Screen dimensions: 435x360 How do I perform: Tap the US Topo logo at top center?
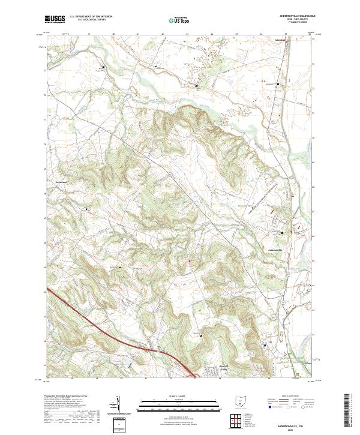[176, 20]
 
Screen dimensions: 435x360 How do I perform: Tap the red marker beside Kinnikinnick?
[287, 41]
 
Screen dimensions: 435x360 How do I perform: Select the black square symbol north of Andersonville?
[282, 233]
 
